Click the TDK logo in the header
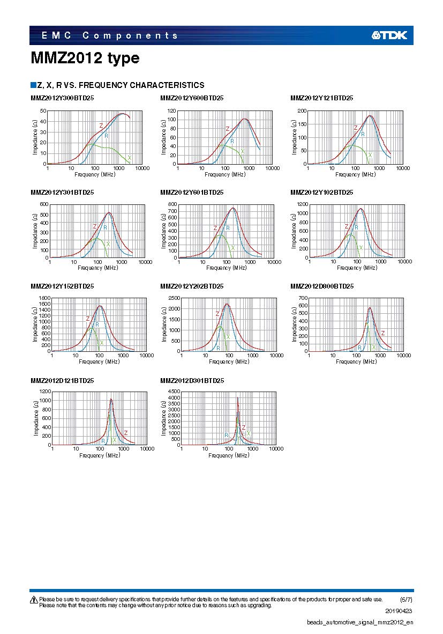[x=389, y=35]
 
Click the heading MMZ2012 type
[x=85, y=58]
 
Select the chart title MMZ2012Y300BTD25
[x=62, y=98]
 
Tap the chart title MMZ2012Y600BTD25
[x=192, y=98]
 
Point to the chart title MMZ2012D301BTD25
[x=192, y=380]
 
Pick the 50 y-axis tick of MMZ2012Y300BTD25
[x=43, y=110]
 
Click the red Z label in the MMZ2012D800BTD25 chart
[x=382, y=333]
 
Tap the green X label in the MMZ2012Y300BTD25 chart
[x=129, y=158]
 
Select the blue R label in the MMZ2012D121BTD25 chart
[x=103, y=441]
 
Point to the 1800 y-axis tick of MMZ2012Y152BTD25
[x=44, y=298]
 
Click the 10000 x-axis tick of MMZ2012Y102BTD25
[x=404, y=262]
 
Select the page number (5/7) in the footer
[x=406, y=599]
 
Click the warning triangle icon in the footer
[x=33, y=599]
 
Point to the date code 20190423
[x=399, y=611]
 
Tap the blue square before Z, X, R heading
[x=33, y=85]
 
